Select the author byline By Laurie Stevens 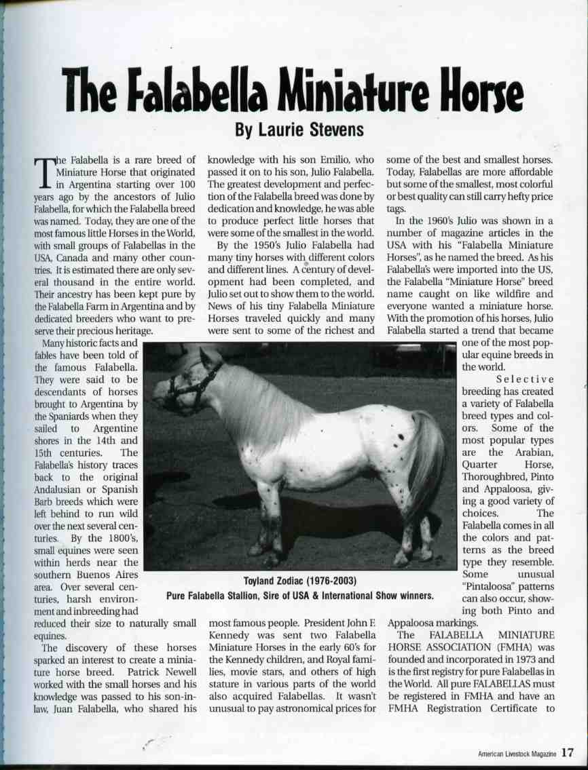click(290, 129)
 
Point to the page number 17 click(569, 752)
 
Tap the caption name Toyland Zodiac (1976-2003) click(300, 582)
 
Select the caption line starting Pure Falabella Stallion click(300, 596)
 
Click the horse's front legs click(268, 516)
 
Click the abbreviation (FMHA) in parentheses click(499, 647)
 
